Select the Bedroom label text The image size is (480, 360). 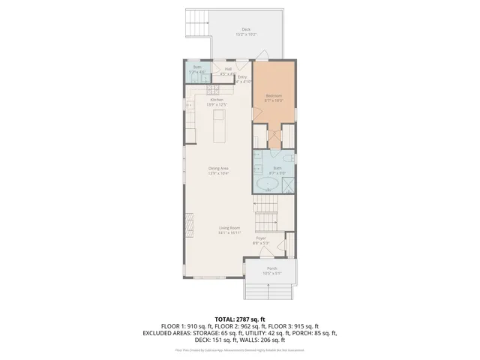[274, 97]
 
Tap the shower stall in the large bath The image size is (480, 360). [286, 184]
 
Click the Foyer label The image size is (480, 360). [261, 239]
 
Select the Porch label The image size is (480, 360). [271, 269]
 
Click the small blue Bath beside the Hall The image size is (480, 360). [196, 73]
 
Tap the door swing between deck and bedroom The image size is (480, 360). [262, 55]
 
